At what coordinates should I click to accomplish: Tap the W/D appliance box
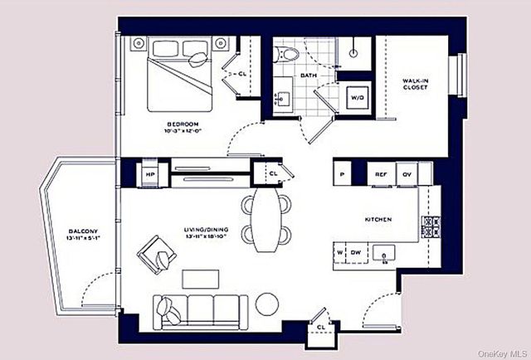pos(357,97)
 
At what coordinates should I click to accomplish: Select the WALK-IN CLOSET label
pos(415,82)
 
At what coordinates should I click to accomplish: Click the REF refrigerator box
pos(381,174)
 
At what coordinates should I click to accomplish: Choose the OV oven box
pos(407,174)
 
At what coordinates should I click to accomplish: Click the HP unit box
pos(151,175)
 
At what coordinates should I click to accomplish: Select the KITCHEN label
pos(378,219)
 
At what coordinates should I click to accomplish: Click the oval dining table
pos(267,217)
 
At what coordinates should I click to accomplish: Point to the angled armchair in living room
pos(158,253)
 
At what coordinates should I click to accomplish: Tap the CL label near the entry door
pos(320,327)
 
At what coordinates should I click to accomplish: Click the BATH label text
pos(308,75)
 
